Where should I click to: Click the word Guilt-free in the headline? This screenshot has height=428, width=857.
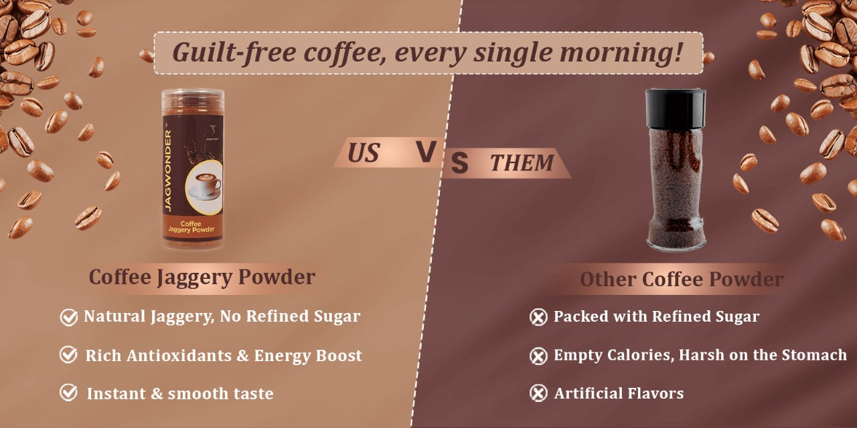(234, 53)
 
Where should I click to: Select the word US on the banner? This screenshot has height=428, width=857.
(364, 153)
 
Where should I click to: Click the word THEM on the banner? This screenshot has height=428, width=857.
(522, 163)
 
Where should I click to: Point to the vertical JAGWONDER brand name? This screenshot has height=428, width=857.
(168, 170)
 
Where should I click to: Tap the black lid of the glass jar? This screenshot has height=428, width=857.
(676, 108)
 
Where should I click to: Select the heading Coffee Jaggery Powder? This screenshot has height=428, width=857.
(202, 278)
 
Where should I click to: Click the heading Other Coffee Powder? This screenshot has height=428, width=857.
(682, 280)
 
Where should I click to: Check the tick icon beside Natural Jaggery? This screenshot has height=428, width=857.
(69, 317)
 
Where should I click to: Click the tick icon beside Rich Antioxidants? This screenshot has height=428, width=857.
(69, 354)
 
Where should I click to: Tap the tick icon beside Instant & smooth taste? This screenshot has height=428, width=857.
(69, 393)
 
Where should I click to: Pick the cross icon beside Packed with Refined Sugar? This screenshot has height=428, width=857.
(538, 317)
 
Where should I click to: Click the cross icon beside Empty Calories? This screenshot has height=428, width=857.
(538, 356)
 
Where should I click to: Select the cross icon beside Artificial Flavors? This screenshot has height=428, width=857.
(538, 393)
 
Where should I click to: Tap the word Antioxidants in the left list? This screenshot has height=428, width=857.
(179, 355)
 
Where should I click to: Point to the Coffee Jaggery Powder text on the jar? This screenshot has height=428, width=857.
(191, 227)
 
